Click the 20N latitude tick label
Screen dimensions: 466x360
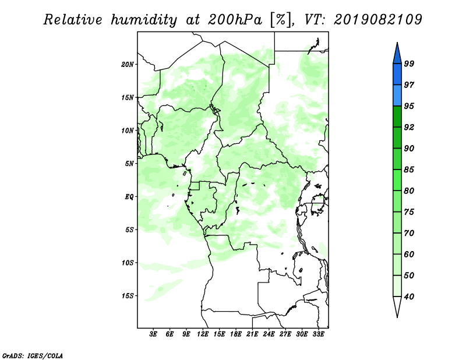pyautogui.click(x=128, y=65)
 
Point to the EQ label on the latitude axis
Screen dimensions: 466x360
pyautogui.click(x=129, y=197)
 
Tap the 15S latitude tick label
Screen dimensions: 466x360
pyautogui.click(x=128, y=296)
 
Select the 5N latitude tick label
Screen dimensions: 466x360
pyautogui.click(x=129, y=164)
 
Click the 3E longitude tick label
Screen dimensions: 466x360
pyautogui.click(x=153, y=334)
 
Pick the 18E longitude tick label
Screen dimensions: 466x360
pyautogui.click(x=236, y=334)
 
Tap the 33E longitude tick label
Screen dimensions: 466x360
pyautogui.click(x=318, y=334)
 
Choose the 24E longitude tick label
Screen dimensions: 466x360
pyautogui.click(x=269, y=334)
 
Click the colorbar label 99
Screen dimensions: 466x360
pyautogui.click(x=409, y=63)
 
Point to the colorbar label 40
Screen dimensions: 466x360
pyautogui.click(x=409, y=297)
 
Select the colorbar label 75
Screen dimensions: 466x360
pyautogui.click(x=409, y=212)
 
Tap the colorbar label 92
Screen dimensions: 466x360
pyautogui.click(x=409, y=127)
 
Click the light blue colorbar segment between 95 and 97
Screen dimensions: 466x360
pyautogui.click(x=397, y=96)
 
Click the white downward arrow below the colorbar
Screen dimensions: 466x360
pyautogui.click(x=397, y=306)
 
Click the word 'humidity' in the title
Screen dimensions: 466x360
pyautogui.click(x=144, y=20)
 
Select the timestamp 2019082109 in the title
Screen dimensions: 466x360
pyautogui.click(x=377, y=20)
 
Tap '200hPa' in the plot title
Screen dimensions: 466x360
pyautogui.click(x=235, y=20)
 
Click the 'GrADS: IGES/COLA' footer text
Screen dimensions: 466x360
pyautogui.click(x=33, y=356)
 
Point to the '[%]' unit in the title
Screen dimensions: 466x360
pyautogui.click(x=281, y=20)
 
